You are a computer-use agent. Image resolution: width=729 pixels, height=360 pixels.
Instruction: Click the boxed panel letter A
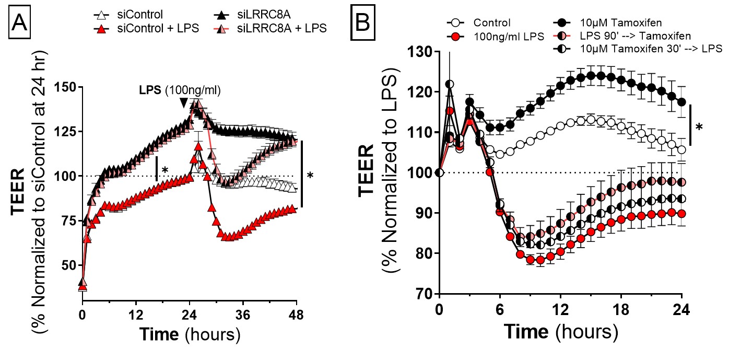(19, 22)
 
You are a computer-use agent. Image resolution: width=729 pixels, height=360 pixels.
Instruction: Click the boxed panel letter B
(362, 22)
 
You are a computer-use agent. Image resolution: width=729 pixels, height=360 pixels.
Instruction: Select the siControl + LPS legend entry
(146, 29)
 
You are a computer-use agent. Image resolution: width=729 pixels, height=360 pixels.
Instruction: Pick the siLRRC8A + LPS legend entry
(270, 29)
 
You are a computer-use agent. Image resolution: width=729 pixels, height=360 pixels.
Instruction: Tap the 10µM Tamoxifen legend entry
(607, 23)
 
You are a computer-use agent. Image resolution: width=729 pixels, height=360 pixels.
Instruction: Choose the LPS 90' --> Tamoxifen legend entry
(622, 36)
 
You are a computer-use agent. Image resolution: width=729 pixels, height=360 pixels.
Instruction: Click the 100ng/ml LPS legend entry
(495, 37)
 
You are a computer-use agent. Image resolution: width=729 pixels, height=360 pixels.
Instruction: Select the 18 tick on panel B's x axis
(621, 309)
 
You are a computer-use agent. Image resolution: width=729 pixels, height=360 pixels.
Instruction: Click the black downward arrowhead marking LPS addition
(184, 103)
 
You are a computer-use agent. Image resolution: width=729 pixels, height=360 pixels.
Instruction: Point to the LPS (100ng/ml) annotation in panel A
(180, 90)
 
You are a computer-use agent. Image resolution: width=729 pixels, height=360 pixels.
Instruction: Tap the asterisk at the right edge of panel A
(310, 176)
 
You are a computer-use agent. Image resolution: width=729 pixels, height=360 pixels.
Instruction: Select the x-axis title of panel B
(561, 332)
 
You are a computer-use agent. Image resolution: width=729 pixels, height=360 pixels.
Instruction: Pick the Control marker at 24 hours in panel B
(681, 150)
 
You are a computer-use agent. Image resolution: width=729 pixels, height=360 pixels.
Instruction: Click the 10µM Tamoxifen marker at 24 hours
(681, 102)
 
